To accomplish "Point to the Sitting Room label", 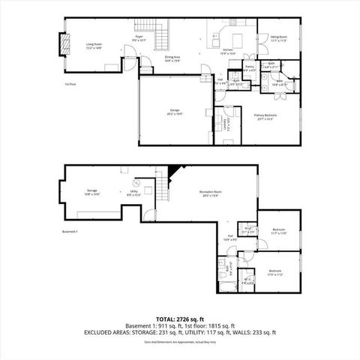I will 279,37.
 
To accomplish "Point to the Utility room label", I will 133,193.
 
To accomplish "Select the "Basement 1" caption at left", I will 71,232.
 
